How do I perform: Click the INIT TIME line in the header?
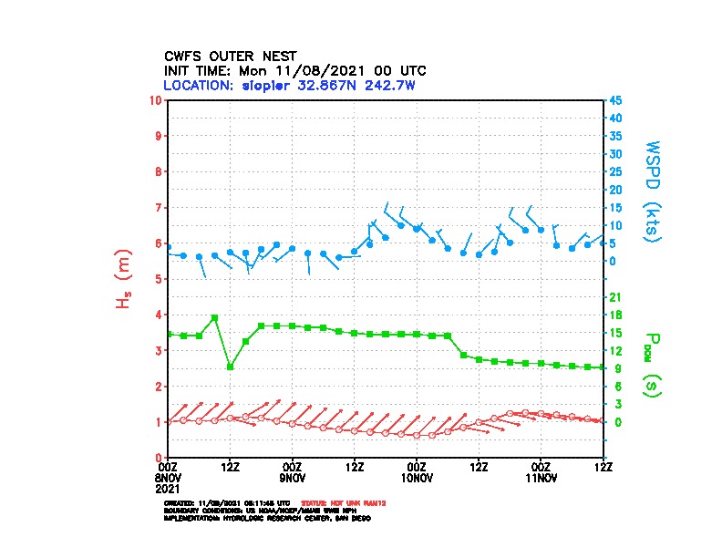294,70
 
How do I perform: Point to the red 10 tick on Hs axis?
158,100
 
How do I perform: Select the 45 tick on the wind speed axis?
616,100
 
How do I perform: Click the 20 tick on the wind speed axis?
616,190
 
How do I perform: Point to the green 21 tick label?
615,297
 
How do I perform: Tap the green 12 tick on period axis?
615,351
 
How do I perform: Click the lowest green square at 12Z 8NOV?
230,367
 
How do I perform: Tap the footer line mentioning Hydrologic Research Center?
267,518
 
